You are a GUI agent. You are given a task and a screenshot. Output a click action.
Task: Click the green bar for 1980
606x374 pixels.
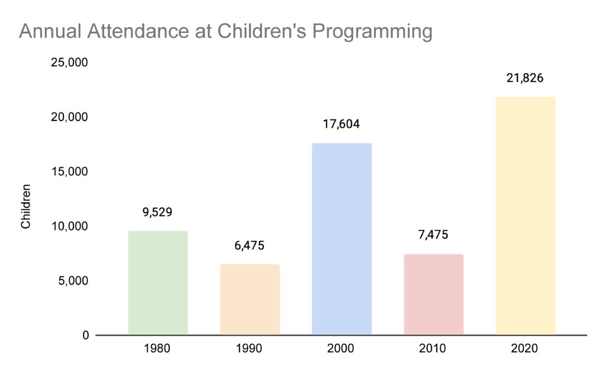(157, 283)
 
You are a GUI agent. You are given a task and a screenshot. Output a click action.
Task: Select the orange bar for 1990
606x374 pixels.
(250, 300)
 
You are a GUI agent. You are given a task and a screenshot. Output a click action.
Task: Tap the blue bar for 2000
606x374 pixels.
(341, 239)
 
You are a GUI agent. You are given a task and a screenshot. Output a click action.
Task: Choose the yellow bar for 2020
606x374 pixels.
(525, 216)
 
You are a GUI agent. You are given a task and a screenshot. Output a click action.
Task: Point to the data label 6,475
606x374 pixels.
(250, 245)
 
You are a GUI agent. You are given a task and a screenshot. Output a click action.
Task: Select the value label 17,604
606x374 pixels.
(341, 124)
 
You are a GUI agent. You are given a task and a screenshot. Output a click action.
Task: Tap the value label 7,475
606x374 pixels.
(433, 235)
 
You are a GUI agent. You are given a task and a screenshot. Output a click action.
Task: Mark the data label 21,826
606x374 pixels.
(525, 78)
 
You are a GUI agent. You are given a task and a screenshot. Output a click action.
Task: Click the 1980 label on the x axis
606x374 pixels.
(157, 349)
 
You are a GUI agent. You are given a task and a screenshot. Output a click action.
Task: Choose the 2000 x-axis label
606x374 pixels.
(341, 349)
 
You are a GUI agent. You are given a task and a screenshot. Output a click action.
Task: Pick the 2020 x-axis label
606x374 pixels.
(525, 349)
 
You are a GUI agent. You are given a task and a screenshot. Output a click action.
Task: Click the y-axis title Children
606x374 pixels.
(26, 206)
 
